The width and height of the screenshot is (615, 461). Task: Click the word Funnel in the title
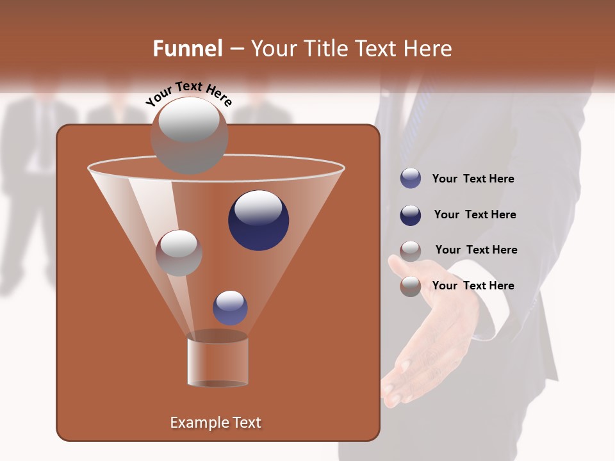point(187,49)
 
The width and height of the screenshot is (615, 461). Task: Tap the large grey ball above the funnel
point(190,136)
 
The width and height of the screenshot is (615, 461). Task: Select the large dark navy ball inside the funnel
point(258,220)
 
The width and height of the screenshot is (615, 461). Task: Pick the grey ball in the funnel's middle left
point(179,253)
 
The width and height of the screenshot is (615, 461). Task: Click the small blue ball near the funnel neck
point(230,308)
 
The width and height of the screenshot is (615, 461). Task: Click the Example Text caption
point(215,423)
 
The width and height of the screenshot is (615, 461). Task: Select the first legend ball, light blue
point(411,179)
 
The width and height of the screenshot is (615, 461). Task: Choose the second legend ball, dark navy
point(411,215)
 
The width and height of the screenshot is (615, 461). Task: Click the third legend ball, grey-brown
point(411,250)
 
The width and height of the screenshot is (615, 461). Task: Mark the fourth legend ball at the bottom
point(411,286)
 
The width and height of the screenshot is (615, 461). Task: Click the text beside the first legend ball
point(473,179)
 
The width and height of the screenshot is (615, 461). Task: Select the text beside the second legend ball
point(475,215)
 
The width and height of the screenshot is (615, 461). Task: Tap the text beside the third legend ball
point(476,250)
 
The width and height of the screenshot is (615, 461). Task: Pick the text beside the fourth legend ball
point(473,286)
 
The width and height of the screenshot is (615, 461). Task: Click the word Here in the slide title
point(429,49)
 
